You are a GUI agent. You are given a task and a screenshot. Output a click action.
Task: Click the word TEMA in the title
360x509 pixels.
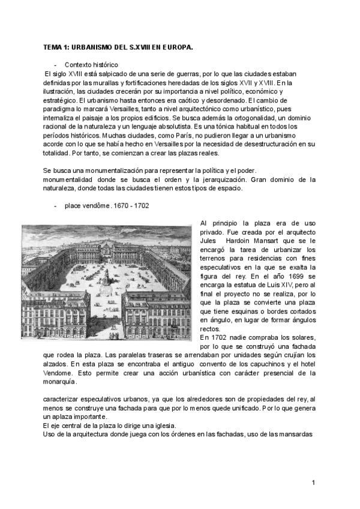click(53, 46)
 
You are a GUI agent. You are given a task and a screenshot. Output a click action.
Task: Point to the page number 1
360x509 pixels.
click(313, 483)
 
